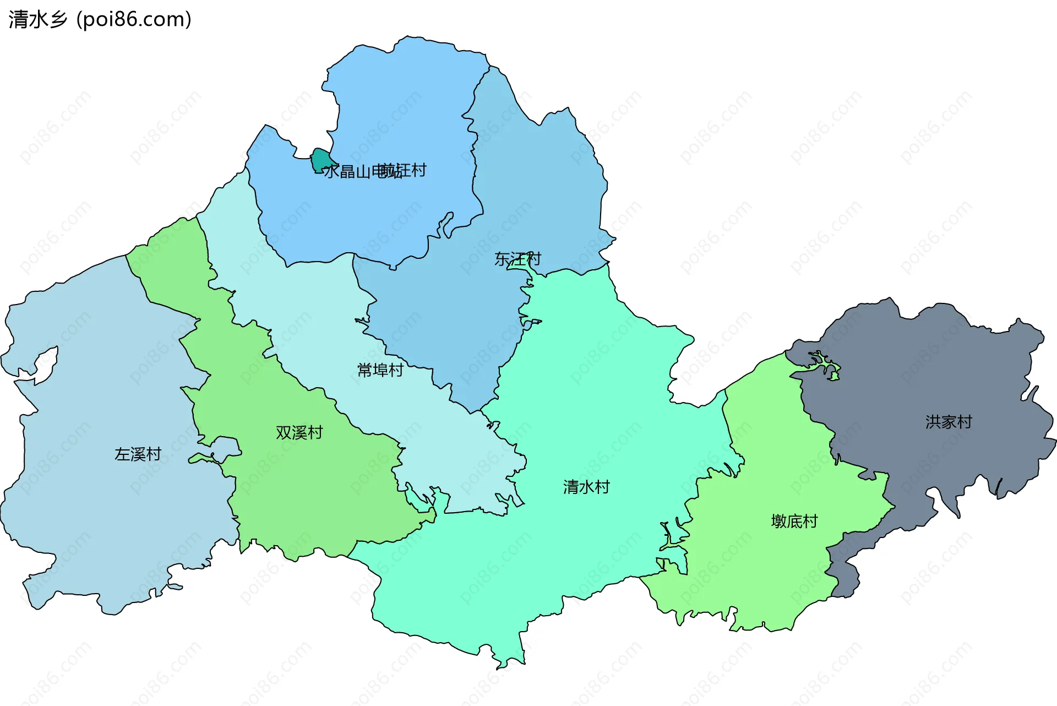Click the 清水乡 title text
click(37, 19)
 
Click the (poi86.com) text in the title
click(134, 19)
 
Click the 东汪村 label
click(517, 259)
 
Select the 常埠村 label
click(380, 370)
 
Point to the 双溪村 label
click(299, 433)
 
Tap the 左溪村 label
click(138, 454)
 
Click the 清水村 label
click(586, 487)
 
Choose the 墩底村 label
click(794, 521)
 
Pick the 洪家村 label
click(949, 422)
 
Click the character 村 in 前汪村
click(419, 170)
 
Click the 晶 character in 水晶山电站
click(347, 172)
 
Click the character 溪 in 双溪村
click(299, 433)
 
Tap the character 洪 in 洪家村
click(933, 422)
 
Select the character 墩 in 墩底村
click(779, 521)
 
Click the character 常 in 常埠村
click(365, 370)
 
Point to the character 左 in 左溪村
click(122, 454)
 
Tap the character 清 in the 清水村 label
click(571, 487)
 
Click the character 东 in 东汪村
click(502, 259)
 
